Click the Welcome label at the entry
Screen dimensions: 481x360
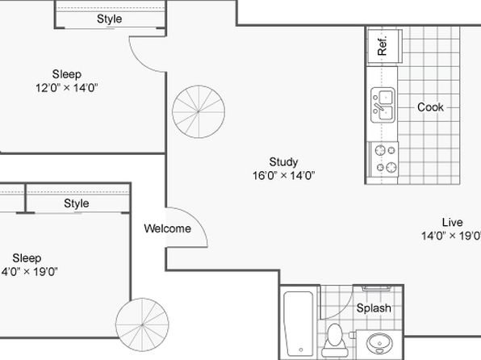pos(168,228)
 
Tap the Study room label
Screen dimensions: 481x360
pos(283,162)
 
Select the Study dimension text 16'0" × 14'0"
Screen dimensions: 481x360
pos(284,175)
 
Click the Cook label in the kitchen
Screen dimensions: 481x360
pos(430,107)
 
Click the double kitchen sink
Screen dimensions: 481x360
pos(383,105)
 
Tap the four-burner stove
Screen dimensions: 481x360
pos(384,159)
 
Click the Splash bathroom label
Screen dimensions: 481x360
pos(374,308)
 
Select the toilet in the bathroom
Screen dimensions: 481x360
pos(335,341)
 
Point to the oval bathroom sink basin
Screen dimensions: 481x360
pos(380,343)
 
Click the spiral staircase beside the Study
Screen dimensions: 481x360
pos(199,111)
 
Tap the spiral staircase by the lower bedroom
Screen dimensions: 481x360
pos(142,324)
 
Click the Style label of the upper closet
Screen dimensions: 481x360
pos(110,19)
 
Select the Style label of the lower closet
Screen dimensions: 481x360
pos(77,203)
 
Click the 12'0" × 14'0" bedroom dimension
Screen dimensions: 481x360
pos(66,88)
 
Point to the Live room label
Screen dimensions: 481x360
pos(453,222)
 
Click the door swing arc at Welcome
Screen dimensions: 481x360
pos(196,218)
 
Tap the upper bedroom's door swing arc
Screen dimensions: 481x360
pos(140,62)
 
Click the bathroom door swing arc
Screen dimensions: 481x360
pos(344,310)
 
